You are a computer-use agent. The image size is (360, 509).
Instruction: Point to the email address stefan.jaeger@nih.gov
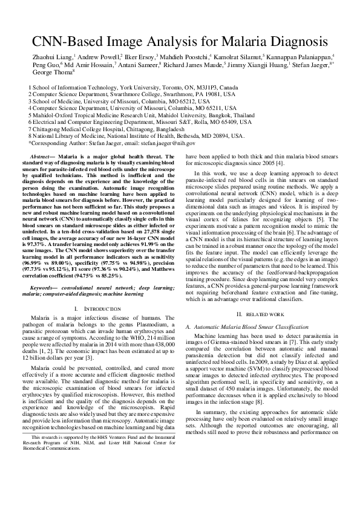point(165,143)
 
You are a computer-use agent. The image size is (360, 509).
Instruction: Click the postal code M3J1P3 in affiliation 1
point(186,87)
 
